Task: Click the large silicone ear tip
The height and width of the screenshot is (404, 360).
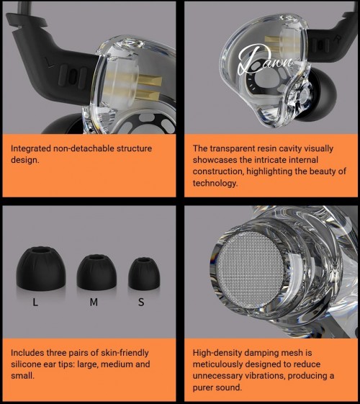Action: [41, 269]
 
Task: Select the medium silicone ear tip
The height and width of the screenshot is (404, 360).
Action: [96, 272]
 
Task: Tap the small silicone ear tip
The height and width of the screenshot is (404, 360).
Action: [144, 274]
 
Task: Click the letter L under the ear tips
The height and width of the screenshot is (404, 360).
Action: [35, 302]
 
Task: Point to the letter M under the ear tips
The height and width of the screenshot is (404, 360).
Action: [94, 302]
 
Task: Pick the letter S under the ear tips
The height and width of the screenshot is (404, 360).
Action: [141, 302]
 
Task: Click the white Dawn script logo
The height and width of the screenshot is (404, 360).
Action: [265, 60]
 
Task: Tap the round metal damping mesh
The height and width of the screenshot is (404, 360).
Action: [250, 270]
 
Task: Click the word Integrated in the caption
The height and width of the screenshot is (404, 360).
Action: [31, 148]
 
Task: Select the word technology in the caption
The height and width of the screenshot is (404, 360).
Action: [215, 183]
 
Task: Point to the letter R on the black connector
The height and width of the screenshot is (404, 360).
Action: [338, 39]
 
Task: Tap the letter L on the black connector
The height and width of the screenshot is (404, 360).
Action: [50, 63]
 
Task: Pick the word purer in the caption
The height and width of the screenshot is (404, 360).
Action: [204, 387]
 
